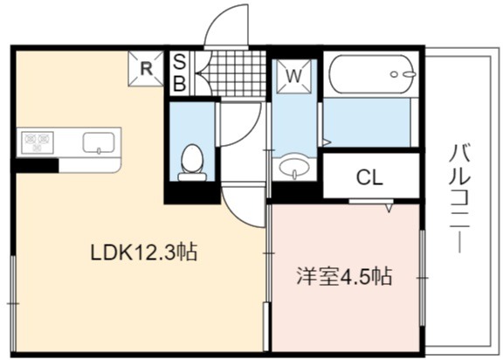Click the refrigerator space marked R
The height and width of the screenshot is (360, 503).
(x=147, y=68)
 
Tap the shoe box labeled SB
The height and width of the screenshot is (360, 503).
(x=180, y=73)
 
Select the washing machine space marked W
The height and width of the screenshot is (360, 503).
(x=293, y=76)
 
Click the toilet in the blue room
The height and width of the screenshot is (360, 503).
(x=192, y=163)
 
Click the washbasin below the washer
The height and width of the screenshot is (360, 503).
(x=294, y=168)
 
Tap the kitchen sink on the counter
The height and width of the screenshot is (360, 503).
(x=99, y=142)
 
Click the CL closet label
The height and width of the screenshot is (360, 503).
(x=370, y=177)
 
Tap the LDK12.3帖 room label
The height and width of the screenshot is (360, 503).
(x=144, y=253)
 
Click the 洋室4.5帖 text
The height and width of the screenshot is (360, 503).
(x=344, y=276)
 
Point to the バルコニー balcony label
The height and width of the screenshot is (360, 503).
(x=459, y=198)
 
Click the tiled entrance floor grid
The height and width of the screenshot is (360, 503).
(x=235, y=73)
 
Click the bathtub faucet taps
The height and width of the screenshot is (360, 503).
(x=403, y=74)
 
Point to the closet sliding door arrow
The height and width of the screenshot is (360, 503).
(x=389, y=208)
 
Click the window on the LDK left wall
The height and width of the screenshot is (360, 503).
(x=13, y=303)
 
